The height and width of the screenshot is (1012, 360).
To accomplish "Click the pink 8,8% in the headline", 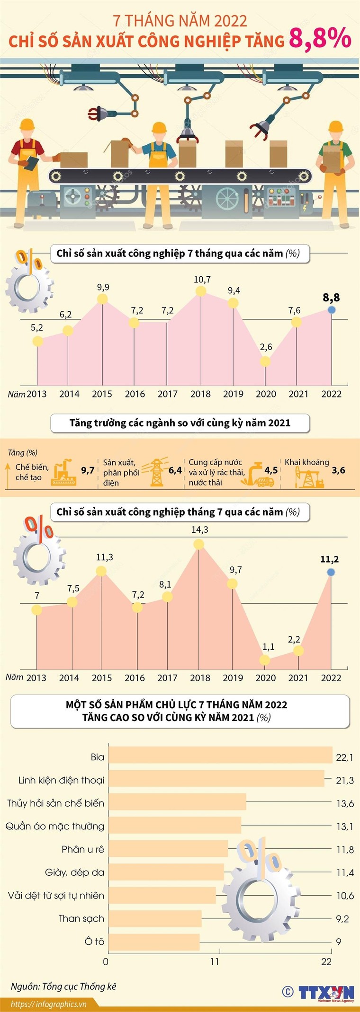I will tap(320, 39).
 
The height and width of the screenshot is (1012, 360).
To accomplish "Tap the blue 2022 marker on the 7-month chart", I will tap(332, 309).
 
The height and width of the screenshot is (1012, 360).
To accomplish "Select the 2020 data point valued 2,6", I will tap(265, 361).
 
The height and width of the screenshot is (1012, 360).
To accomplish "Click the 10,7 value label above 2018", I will tap(202, 280).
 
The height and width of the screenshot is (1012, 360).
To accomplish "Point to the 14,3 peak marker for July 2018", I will tap(199, 544).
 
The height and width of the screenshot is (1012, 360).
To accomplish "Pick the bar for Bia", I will tap(220, 757).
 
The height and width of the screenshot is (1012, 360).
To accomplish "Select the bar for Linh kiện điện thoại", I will tap(216, 780).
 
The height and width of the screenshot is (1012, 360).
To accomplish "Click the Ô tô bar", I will tap(154, 942).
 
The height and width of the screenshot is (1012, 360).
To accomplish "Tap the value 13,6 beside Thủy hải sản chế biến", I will tap(345, 803).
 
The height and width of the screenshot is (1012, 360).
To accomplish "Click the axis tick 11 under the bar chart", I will tap(215, 961).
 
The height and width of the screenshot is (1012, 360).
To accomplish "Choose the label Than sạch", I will tap(81, 918).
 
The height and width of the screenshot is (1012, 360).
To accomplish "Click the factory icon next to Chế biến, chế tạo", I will tap(63, 472).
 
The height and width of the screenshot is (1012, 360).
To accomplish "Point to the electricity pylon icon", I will tap(157, 472).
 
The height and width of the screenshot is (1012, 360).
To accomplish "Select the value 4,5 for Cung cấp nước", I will tap(271, 470).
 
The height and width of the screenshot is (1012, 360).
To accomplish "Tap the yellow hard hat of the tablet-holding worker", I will tap(27, 126).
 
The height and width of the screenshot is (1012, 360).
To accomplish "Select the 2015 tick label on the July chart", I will tap(102, 678).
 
